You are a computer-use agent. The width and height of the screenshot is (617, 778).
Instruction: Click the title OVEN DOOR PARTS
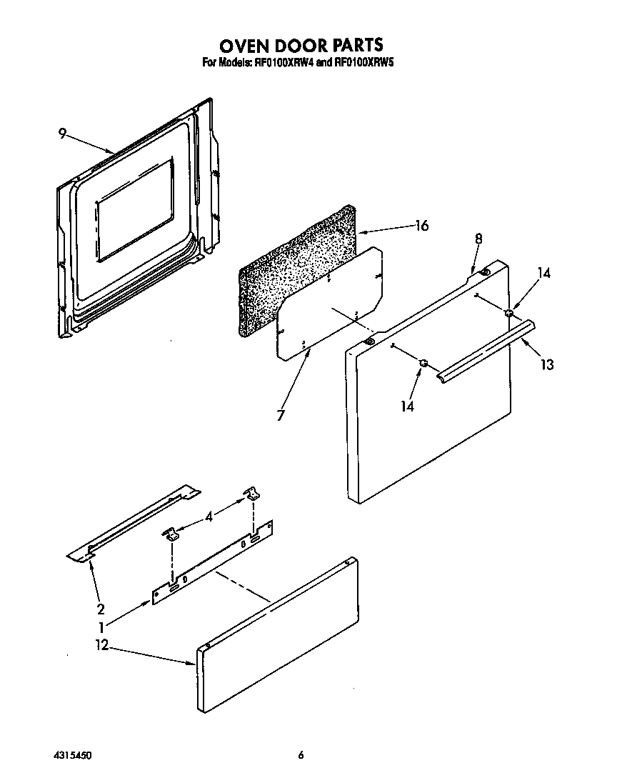coord(301,45)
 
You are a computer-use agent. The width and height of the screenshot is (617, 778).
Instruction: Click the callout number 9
coord(63,133)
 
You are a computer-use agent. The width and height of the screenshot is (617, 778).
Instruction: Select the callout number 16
coord(421,226)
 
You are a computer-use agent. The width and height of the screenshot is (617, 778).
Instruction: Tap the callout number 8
coord(478,239)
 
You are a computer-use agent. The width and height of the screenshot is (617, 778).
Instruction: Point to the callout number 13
coord(546,364)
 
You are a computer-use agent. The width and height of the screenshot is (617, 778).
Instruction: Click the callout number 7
coord(281,414)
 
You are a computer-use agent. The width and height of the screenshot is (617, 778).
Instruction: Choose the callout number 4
coord(209,516)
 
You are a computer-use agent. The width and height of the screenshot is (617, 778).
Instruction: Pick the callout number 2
coord(101,609)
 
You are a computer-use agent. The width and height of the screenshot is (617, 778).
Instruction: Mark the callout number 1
coord(102,628)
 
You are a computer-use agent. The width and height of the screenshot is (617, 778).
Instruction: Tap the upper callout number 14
coord(544,272)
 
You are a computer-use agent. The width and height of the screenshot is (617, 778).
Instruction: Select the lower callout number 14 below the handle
coord(407,406)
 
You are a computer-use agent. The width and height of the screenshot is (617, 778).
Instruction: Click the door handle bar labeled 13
coord(486,350)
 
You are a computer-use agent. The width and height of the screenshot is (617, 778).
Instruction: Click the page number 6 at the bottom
coord(301,754)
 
